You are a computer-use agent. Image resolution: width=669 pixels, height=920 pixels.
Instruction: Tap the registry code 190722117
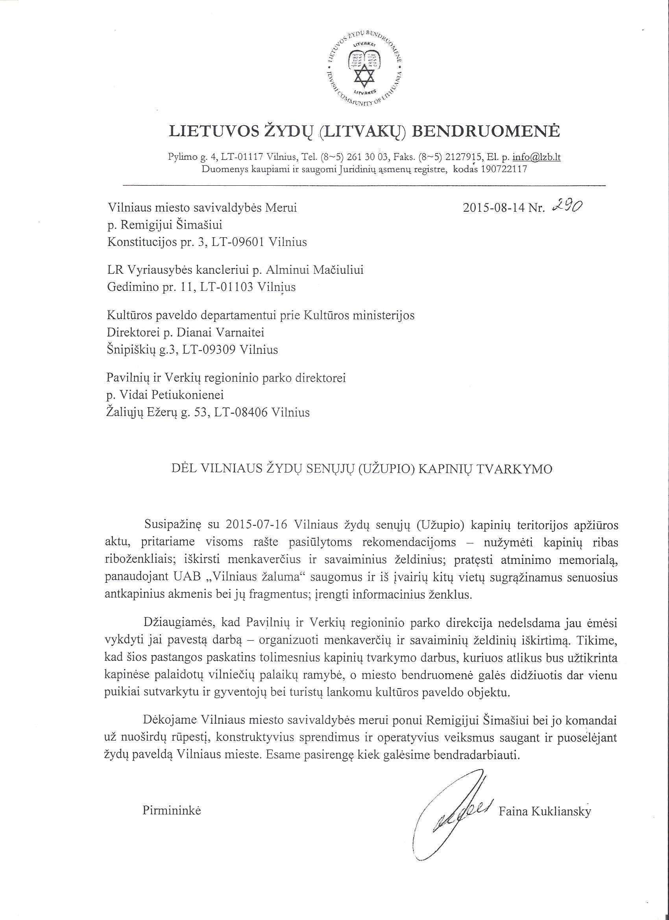tap(503, 169)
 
